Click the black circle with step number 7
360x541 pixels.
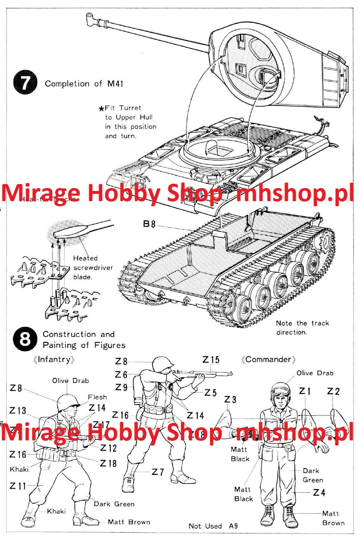click(x=25, y=83)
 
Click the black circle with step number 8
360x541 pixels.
click(x=25, y=339)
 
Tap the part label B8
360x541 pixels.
click(x=149, y=224)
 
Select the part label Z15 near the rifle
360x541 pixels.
click(x=211, y=360)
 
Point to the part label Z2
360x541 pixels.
click(x=333, y=391)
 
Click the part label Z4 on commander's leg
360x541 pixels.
click(x=319, y=493)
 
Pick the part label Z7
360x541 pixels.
click(x=158, y=472)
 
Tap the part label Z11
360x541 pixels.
click(x=18, y=486)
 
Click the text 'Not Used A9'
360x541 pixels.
click(x=213, y=526)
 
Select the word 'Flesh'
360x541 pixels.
click(x=97, y=397)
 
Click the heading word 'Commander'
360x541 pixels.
click(x=268, y=359)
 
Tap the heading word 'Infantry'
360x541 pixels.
click(x=54, y=359)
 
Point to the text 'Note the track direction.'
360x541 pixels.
click(x=302, y=328)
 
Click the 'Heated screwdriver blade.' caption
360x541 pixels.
click(x=93, y=268)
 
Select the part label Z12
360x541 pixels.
click(x=109, y=448)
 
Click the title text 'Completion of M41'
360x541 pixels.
click(x=84, y=84)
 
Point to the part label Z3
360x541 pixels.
click(x=230, y=400)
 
